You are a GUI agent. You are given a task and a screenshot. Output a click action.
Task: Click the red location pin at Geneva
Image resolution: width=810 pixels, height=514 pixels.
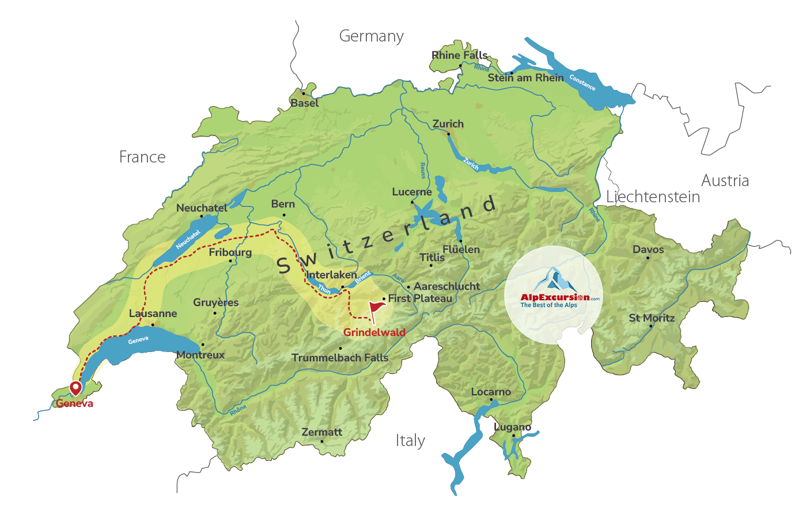[x=75, y=388]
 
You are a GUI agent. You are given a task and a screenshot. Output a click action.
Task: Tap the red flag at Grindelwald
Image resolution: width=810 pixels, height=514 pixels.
[x=376, y=309]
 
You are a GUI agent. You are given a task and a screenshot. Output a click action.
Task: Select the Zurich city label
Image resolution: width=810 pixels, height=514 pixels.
[x=448, y=124]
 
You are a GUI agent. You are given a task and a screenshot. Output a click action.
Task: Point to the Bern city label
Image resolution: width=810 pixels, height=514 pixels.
[x=283, y=204]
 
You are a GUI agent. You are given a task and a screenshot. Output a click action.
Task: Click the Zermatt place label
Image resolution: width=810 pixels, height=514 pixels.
[x=322, y=432]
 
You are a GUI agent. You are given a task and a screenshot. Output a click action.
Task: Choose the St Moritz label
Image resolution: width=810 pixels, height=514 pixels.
[x=652, y=318]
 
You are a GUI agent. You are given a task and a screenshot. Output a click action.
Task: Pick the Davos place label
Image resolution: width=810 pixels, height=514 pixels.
[x=648, y=250]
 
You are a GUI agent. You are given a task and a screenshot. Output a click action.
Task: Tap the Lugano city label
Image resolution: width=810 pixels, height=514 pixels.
[x=513, y=427]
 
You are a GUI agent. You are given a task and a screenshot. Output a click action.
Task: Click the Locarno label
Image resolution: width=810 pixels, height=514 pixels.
[x=491, y=392]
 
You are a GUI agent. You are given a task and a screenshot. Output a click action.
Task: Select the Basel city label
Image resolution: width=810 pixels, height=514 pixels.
[x=304, y=103]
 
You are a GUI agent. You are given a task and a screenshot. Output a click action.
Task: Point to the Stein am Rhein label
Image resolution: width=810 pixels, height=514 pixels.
[x=525, y=78]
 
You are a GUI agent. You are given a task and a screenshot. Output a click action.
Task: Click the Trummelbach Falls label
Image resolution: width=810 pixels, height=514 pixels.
[x=340, y=358]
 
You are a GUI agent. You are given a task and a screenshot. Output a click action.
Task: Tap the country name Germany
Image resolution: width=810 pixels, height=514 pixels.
[x=372, y=36]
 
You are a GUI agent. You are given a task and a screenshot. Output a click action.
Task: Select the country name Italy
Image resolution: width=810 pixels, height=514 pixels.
[x=410, y=441]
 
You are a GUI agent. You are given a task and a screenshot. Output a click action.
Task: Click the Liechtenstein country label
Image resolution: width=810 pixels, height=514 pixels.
[x=653, y=197]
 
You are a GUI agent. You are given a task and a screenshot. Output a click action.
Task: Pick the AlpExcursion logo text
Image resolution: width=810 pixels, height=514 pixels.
[x=555, y=297]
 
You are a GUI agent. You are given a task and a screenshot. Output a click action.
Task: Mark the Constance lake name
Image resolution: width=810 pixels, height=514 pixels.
[x=582, y=82]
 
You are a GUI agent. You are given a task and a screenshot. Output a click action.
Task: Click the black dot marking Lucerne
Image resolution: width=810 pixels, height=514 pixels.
[x=412, y=202]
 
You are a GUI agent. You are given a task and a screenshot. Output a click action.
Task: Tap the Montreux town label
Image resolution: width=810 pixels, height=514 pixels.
[x=200, y=355]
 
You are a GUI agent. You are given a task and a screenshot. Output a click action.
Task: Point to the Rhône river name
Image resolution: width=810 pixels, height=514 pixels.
[x=238, y=410]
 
